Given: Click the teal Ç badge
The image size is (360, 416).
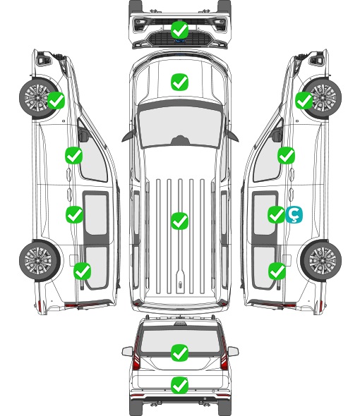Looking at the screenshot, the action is tap(294, 214).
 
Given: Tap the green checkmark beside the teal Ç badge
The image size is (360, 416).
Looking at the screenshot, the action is tap(276, 214).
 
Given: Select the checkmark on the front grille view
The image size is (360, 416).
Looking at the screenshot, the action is tap(179, 30).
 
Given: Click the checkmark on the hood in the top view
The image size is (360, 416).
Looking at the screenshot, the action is tap(179, 82).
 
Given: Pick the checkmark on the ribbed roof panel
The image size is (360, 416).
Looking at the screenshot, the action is tap(179, 221).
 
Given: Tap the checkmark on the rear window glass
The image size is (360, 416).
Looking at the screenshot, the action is tap(179, 353).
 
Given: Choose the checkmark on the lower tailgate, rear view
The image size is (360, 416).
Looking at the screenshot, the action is tap(179, 385).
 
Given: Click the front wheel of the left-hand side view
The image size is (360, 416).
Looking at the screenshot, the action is tap(39, 97).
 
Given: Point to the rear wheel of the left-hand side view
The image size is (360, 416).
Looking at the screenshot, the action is tap(40, 260).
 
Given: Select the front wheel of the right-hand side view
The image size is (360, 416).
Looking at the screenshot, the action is tap(322, 97).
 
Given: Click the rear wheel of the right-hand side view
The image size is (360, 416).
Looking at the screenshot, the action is tap(321, 260).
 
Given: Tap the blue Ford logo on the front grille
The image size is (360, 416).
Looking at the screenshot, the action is tap(180, 41).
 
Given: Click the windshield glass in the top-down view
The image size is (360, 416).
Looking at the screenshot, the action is tap(180, 126).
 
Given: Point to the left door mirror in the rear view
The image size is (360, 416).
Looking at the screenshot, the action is tap(127, 351).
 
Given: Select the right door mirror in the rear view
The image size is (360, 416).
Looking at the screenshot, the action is tap(233, 351).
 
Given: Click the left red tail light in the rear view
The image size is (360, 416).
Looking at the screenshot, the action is tap(136, 354).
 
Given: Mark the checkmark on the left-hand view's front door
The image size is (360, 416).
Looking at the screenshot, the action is tap(73, 155).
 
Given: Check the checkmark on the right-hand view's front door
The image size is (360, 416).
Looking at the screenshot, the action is tap(286, 155).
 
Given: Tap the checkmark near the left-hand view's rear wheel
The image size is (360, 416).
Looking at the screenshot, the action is tap(82, 271).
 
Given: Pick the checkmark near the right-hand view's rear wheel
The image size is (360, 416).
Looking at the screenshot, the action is tap(277, 271).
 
